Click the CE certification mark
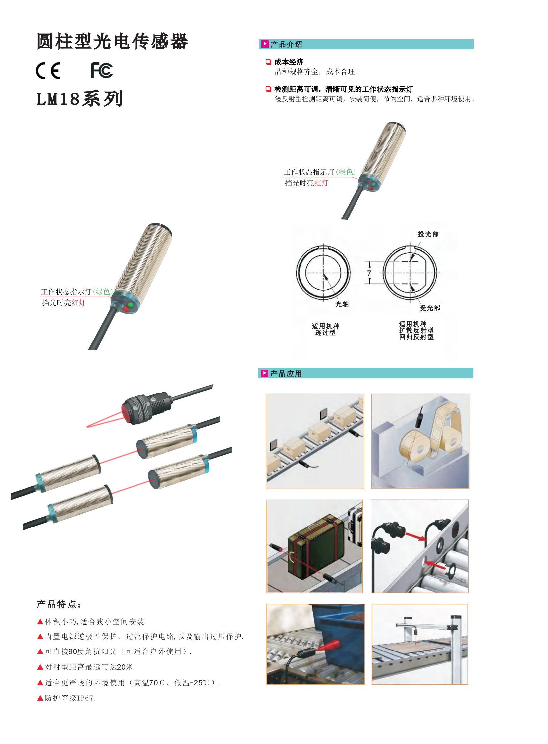(48, 71)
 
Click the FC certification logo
(102, 70)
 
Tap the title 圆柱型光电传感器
(112, 41)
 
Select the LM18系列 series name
(80, 98)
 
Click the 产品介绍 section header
(286, 44)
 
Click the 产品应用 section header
(286, 374)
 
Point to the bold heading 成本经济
(289, 62)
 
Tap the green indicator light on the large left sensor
(131, 304)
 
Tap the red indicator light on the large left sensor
(126, 309)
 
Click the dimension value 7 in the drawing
(369, 273)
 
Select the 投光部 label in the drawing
(428, 234)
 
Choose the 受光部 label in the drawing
(430, 308)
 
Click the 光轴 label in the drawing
(342, 304)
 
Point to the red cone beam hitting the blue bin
(328, 645)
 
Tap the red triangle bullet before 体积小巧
(40, 622)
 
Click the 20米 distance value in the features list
(125, 667)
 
